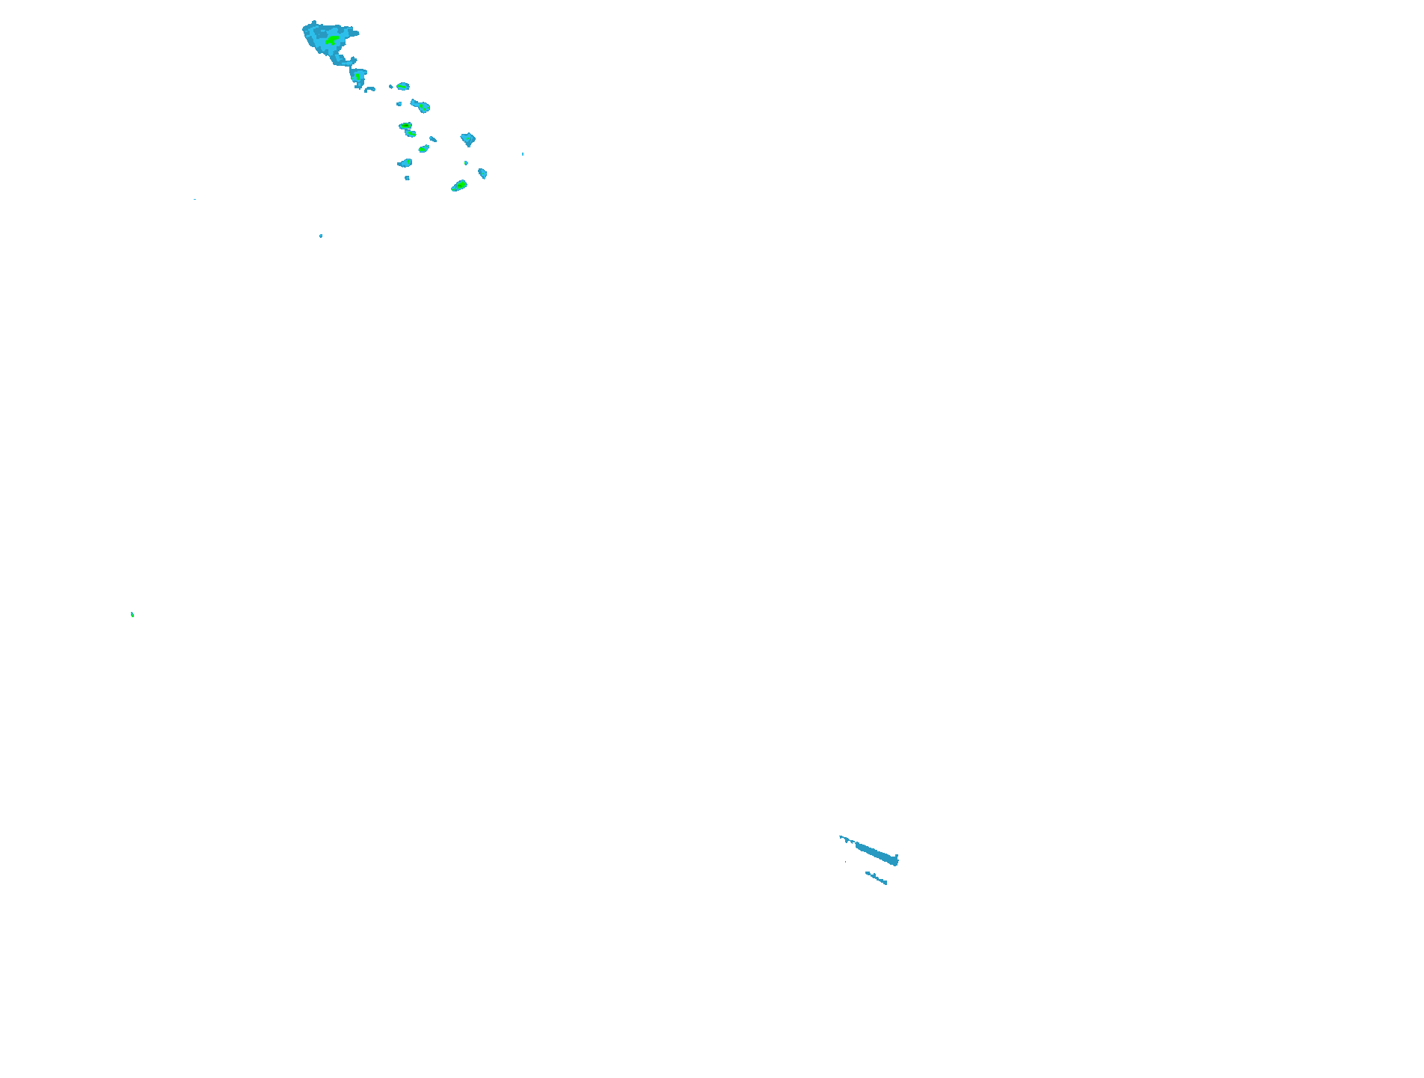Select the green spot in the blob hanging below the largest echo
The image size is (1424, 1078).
point(358,76)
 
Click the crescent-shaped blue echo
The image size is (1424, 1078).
point(369,89)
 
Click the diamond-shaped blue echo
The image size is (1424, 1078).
point(467,139)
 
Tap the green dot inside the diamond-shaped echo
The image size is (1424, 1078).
point(467,138)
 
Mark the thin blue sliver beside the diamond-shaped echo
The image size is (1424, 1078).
point(433,138)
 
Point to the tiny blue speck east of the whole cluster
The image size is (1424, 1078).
point(523,154)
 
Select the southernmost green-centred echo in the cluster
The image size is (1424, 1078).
point(459,186)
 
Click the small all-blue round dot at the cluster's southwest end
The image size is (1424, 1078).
point(407,178)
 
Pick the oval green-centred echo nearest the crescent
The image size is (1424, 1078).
point(402,87)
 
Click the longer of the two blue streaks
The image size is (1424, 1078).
point(875,853)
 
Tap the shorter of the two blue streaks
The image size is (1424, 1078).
point(877,878)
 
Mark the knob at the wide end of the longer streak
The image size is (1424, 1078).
point(895,860)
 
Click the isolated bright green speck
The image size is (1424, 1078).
point(132,615)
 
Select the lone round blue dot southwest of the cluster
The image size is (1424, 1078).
point(321,236)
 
